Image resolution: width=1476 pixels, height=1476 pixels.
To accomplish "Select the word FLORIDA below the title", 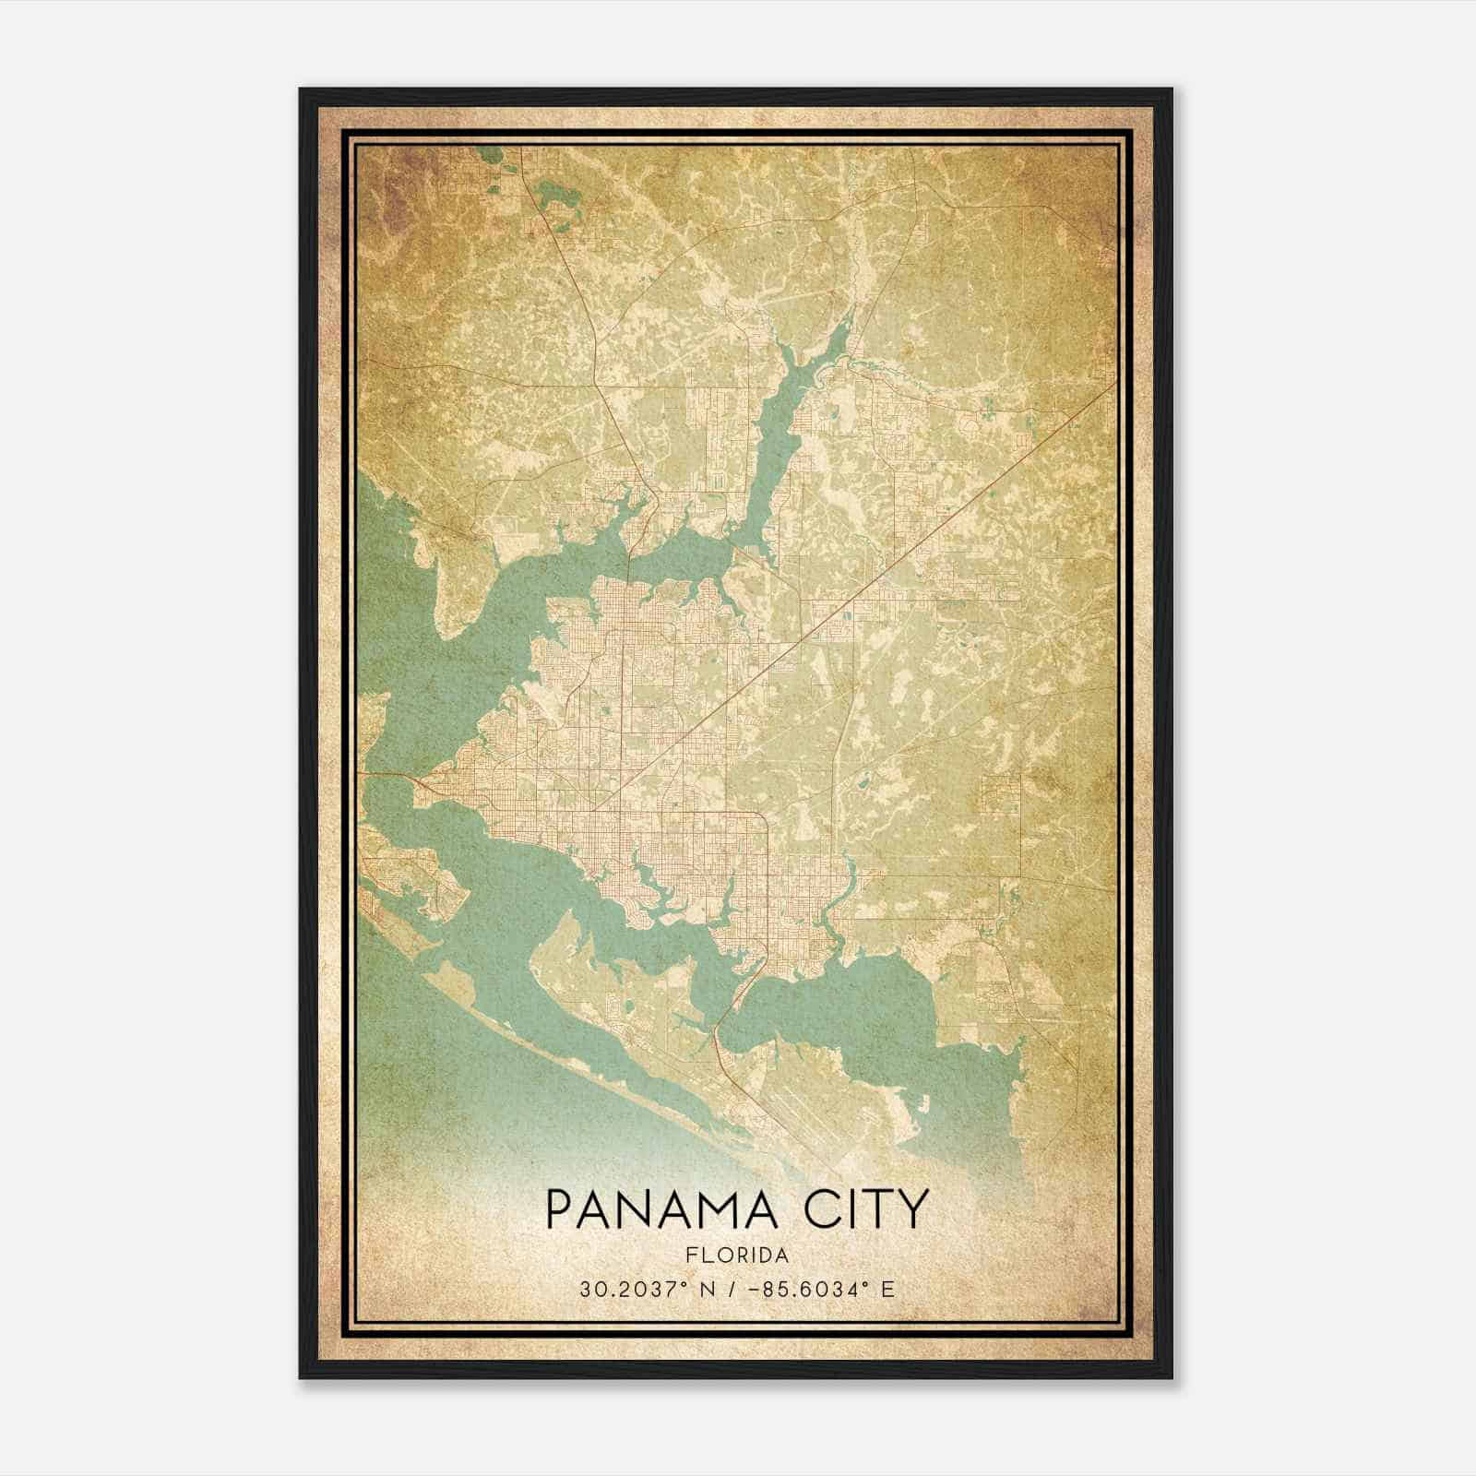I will point(737,1256).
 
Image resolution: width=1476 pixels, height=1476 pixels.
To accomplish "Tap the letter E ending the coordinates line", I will point(887,1290).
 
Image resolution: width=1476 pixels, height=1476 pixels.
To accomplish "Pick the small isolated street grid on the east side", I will point(1001,793).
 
